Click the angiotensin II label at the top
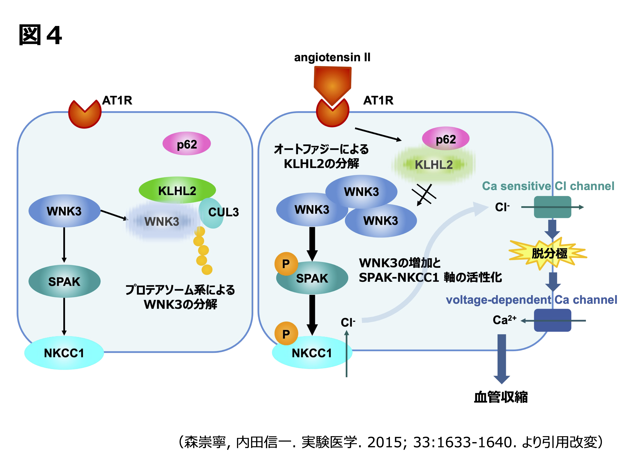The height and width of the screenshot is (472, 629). click(x=332, y=57)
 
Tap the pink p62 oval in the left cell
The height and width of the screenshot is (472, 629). click(x=187, y=144)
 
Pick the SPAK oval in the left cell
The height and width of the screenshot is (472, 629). click(x=64, y=281)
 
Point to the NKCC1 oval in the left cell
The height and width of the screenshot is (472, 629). click(x=64, y=353)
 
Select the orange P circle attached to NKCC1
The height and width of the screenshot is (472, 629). click(x=286, y=334)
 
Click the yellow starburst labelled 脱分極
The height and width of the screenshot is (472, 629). click(x=549, y=253)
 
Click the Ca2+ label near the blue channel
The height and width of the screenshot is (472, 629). click(x=504, y=320)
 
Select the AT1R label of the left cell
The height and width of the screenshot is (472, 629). click(x=117, y=100)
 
